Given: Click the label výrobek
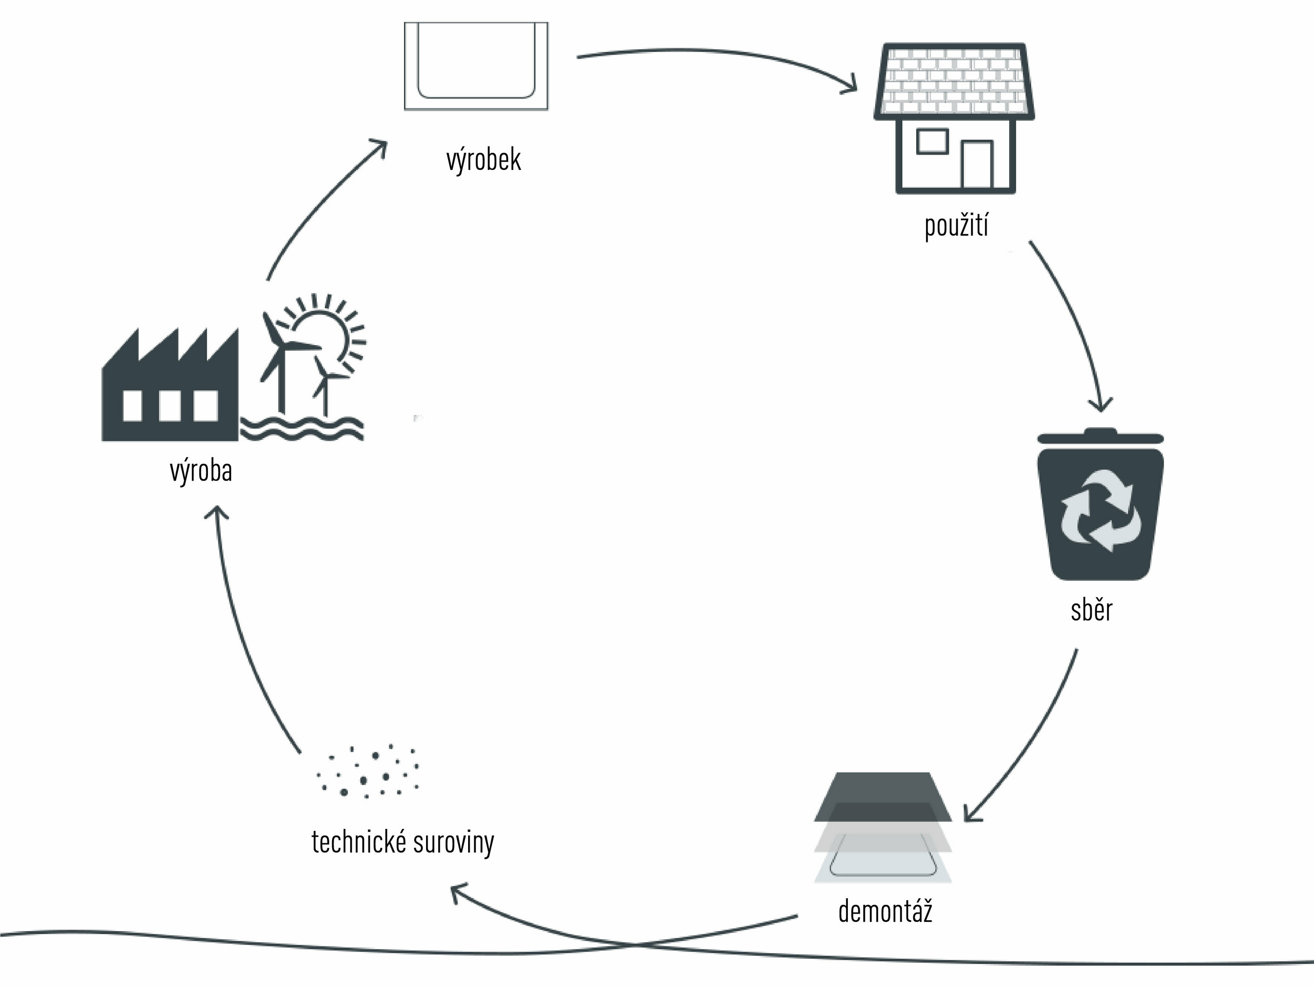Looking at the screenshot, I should coord(484,160).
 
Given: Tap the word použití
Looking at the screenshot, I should coord(956,226).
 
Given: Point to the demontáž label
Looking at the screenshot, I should coord(885,911).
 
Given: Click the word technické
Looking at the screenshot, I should coord(359,842).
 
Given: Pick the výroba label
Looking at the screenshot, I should coord(201,471).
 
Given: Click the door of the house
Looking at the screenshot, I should coord(978,163).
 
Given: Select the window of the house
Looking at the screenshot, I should coord(932,141).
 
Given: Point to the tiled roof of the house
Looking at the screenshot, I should coord(955,80).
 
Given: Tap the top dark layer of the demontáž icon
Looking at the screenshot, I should coord(883,787).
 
